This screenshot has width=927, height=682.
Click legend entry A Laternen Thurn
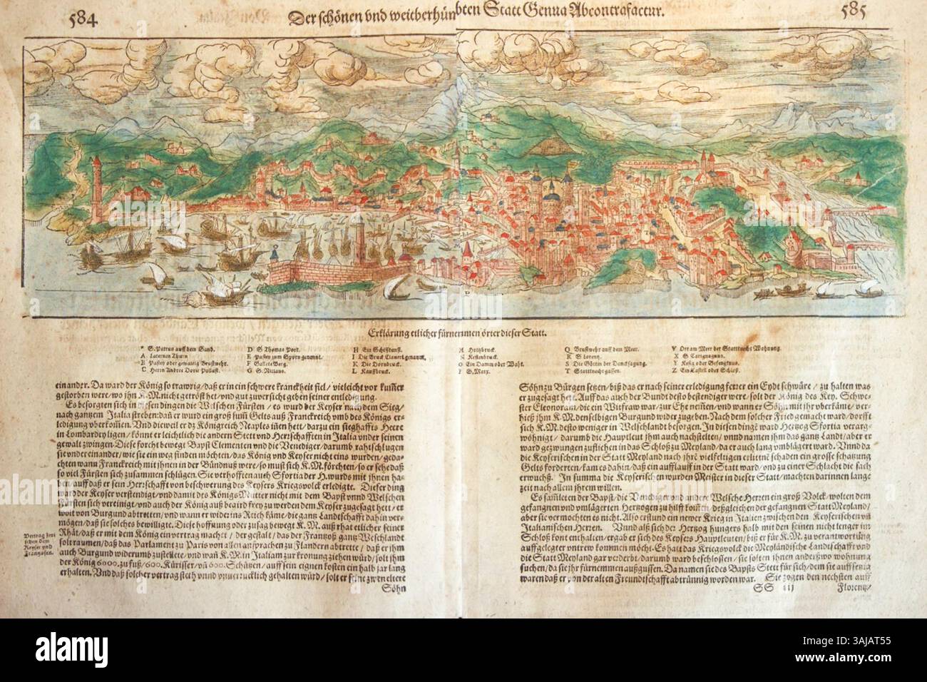168,355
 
